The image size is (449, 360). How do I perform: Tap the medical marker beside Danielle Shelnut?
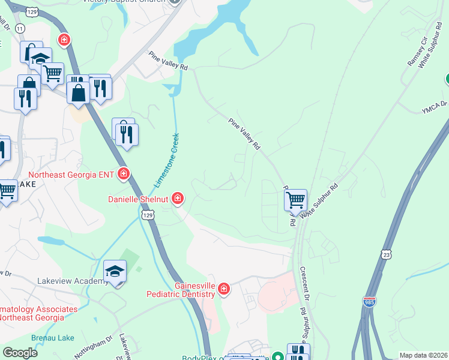[x=177, y=197]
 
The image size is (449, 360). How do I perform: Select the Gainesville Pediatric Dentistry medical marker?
[x=223, y=290]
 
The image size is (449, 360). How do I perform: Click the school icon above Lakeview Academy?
[x=115, y=271]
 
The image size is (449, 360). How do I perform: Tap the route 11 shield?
[x=20, y=28]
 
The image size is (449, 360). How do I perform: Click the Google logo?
[x=20, y=352]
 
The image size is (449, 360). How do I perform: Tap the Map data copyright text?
[x=423, y=355]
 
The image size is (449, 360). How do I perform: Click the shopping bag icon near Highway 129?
[x=79, y=92]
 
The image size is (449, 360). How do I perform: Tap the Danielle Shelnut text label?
[x=138, y=199]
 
